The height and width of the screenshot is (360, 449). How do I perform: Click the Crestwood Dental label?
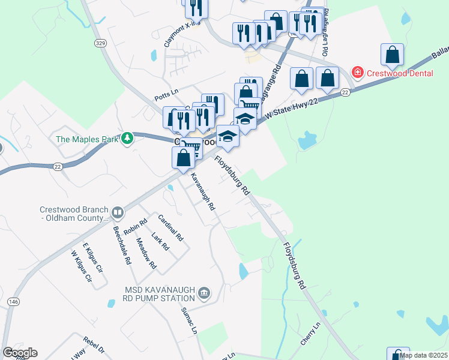pos(400,73)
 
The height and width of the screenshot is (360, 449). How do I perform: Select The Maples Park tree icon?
pos(127,139)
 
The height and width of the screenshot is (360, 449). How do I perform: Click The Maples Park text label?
pos(86,139)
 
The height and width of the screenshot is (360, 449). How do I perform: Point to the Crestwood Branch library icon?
pos(118,212)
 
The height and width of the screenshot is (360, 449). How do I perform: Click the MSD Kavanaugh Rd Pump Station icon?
pos(204,292)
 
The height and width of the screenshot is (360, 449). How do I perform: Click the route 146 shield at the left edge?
pos(11,301)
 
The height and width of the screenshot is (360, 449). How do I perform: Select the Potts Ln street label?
pos(166,92)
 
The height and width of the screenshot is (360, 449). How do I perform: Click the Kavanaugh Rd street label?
pos(203,192)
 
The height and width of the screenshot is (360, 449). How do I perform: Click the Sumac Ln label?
pos(189,320)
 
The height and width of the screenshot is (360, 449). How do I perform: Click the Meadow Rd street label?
pos(146,253)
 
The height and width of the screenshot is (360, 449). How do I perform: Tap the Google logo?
pos(20,353)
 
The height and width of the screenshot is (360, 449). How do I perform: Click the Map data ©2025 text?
pos(424,355)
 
